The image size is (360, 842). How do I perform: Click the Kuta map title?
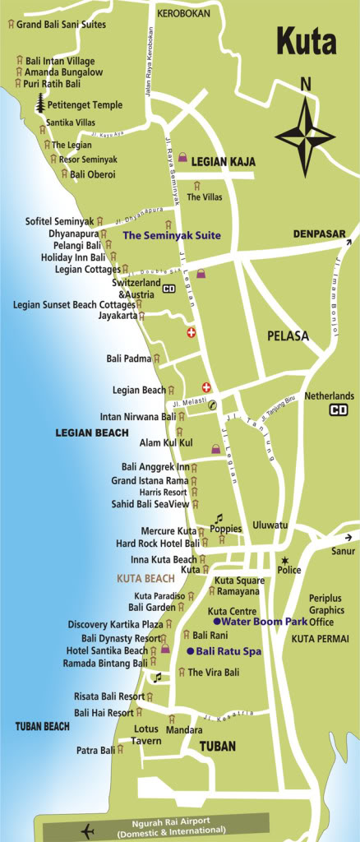coord(307,41)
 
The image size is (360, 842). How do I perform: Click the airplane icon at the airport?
coord(88,830)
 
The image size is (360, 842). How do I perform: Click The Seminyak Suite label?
coord(172,235)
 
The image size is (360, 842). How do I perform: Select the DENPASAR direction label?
coord(320,234)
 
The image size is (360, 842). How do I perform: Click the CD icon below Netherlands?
coord(338,409)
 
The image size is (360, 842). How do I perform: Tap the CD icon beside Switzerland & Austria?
coord(169,289)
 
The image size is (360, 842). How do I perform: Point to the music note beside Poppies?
coord(219,518)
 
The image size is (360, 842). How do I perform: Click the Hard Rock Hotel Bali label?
coord(157,544)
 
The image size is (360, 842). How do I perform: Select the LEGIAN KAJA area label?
coord(224,163)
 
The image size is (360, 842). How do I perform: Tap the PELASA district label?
coord(288,335)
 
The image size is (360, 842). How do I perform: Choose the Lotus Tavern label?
coord(147,735)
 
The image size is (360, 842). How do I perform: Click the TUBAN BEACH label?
coord(43,726)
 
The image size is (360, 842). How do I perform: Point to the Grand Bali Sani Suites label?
coord(61,25)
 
